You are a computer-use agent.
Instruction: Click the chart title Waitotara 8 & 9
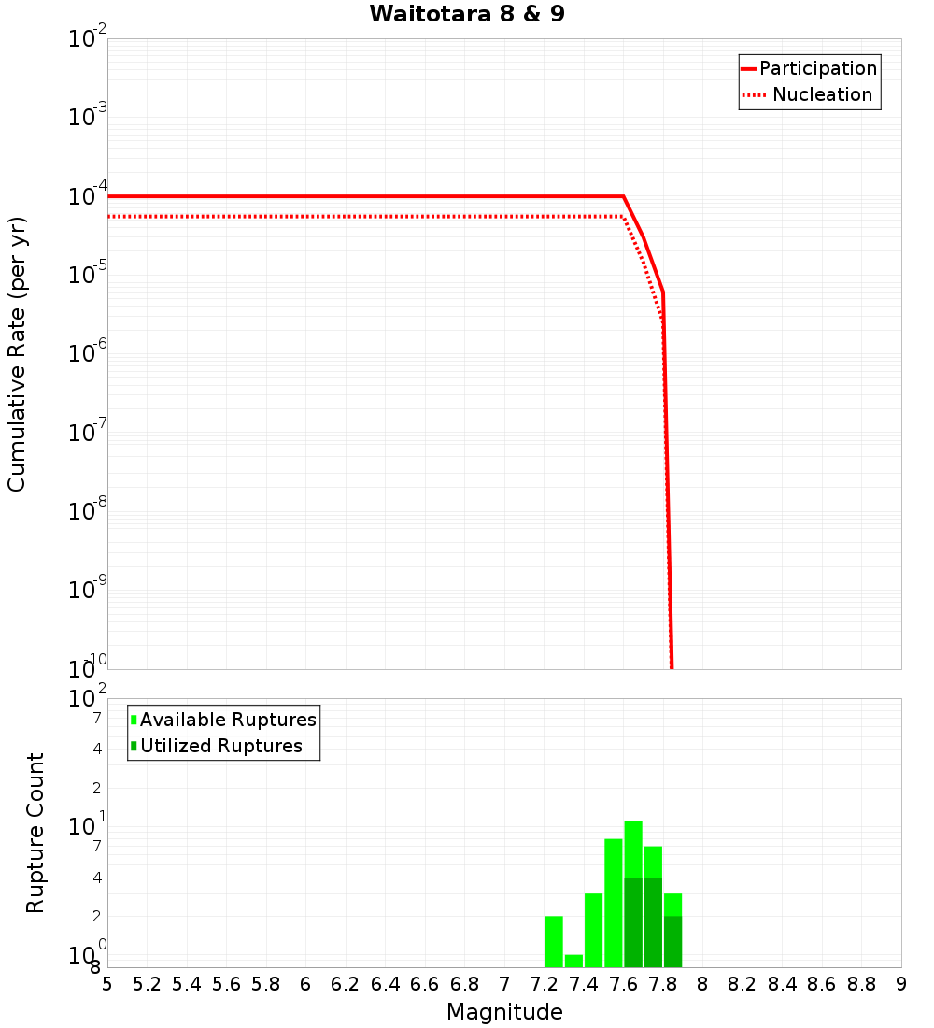point(467,15)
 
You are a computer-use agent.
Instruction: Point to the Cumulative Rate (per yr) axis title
point(17,353)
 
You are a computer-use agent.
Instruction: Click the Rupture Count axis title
point(35,832)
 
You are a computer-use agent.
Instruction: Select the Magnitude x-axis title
point(504,1012)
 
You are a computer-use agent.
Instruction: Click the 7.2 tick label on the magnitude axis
point(544,984)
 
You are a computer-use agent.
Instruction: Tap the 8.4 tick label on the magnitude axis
point(782,984)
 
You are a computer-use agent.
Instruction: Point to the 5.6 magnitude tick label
point(226,984)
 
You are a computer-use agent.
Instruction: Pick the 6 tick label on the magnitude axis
point(305,984)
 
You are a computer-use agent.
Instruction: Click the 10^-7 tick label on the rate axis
point(89,434)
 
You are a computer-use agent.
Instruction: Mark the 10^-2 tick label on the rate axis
point(89,39)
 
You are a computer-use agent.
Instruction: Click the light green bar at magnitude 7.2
point(554,942)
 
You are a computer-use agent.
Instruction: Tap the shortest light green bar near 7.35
point(573,961)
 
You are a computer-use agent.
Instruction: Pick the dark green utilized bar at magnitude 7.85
point(672,942)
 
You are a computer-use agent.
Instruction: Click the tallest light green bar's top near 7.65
point(633,824)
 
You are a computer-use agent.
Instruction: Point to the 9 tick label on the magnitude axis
point(901,984)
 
